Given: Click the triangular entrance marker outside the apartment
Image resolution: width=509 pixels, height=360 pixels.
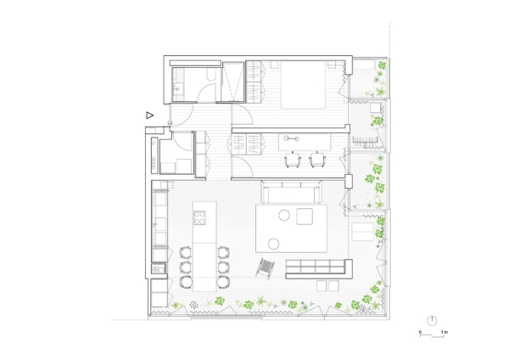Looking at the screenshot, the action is tap(149, 115).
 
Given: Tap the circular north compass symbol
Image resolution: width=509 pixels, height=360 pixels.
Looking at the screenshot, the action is tap(432, 321).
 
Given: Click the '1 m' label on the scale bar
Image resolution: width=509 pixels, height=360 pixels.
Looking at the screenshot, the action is tap(444, 332).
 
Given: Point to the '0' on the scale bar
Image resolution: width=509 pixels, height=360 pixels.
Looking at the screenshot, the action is tap(420, 332).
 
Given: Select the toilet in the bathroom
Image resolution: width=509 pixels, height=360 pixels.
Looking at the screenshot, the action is tap(210, 76).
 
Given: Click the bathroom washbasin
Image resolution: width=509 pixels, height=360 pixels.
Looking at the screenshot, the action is tap(177, 88).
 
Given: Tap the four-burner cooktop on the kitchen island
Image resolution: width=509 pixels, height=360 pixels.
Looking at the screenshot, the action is tap(199, 217).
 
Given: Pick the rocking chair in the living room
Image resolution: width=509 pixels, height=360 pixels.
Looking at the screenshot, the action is tap(266, 268).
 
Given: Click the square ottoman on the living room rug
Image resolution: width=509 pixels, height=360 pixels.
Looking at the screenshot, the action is tap(305, 217).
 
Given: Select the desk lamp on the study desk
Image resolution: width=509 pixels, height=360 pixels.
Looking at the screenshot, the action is tap(291, 138).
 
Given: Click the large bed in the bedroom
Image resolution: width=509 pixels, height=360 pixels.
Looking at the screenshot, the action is tap(303, 85).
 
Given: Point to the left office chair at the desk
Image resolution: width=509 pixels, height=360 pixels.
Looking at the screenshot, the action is tap(293, 160).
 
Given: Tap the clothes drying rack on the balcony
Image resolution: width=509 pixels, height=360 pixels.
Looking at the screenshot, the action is tap(365, 141).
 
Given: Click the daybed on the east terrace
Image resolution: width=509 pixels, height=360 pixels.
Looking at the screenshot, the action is tap(362, 232).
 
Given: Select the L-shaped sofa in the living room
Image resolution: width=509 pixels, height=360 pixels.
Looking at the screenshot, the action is tap(319, 269).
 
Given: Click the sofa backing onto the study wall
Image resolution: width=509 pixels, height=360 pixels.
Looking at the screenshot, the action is tap(291, 191).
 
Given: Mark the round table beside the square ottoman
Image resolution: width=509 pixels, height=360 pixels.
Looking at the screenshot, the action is tap(284, 215).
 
